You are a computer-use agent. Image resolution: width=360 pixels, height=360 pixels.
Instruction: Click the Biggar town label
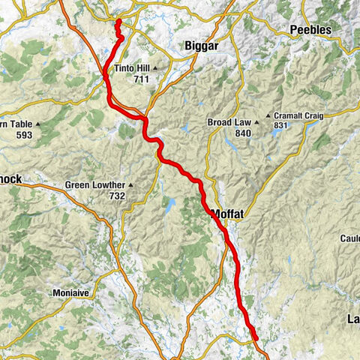click(x=202, y=46)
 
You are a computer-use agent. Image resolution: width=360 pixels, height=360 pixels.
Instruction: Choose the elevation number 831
click(x=282, y=126)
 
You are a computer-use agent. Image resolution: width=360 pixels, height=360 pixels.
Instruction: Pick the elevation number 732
click(x=117, y=196)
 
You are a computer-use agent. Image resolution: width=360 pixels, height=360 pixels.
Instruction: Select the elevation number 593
click(x=24, y=136)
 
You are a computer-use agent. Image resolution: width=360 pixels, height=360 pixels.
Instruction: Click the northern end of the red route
click(x=118, y=22)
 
